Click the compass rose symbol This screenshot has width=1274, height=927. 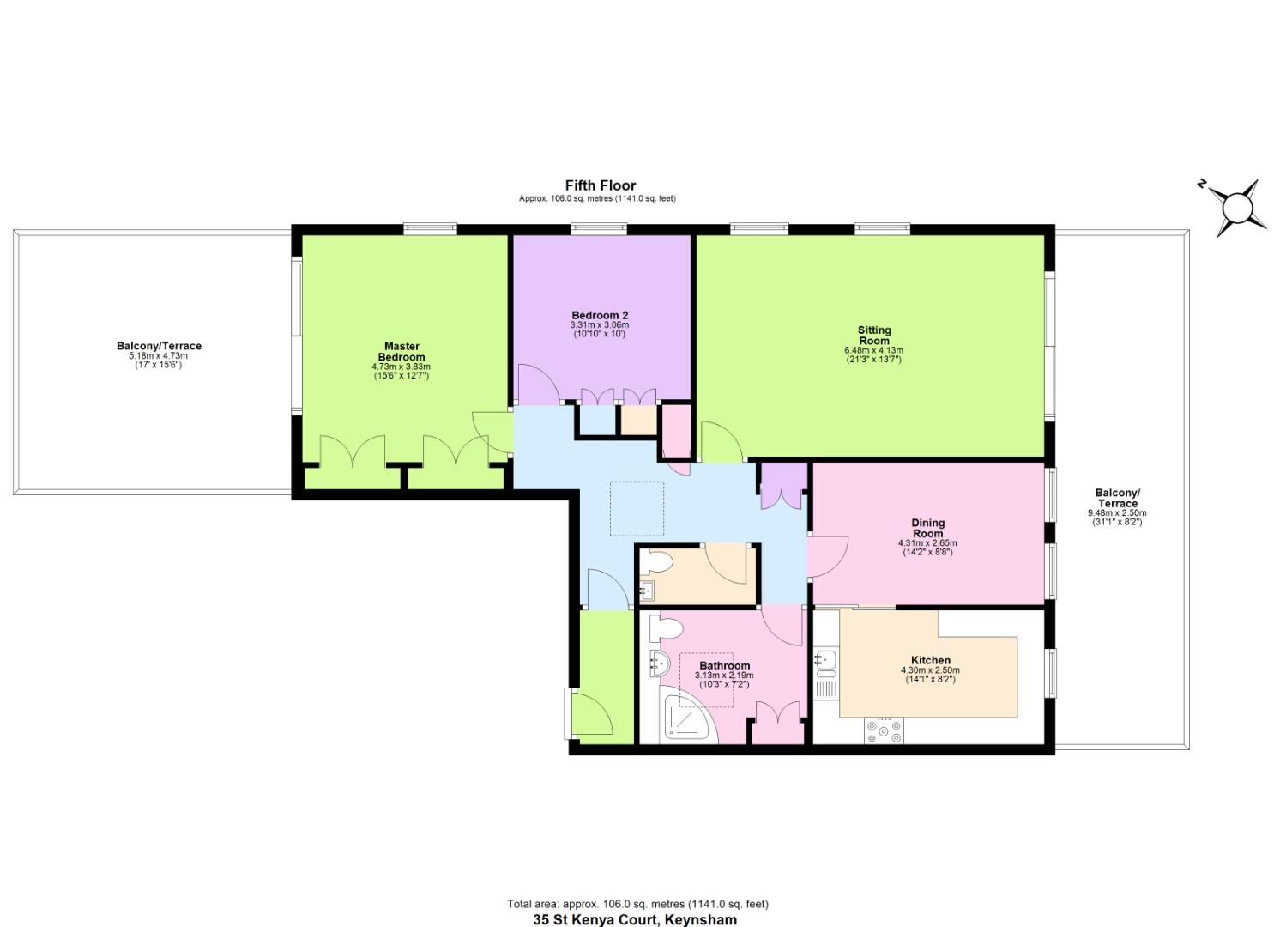tap(1236, 208)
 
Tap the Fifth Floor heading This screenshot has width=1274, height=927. tap(600, 185)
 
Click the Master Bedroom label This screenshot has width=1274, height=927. tap(402, 352)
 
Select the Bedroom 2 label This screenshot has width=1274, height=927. tap(600, 315)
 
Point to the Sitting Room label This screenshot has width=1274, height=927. tap(874, 335)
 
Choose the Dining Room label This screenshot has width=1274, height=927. tap(927, 528)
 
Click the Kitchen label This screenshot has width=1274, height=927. tap(930, 660)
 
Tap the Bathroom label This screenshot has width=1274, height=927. tap(724, 665)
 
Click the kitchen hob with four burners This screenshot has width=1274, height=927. tap(885, 730)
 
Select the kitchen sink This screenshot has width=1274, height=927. tap(826, 659)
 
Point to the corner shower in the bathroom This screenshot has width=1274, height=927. tap(688, 718)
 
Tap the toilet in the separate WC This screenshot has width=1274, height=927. tap(658, 562)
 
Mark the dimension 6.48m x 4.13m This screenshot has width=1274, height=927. tap(873, 350)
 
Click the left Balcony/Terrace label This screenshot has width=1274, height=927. tap(159, 346)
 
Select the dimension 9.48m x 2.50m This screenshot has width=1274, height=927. tap(1117, 513)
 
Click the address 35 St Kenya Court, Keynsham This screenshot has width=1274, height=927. tap(635, 919)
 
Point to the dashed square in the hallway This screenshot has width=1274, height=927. tap(637, 509)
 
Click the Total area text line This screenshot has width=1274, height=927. tap(637, 904)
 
